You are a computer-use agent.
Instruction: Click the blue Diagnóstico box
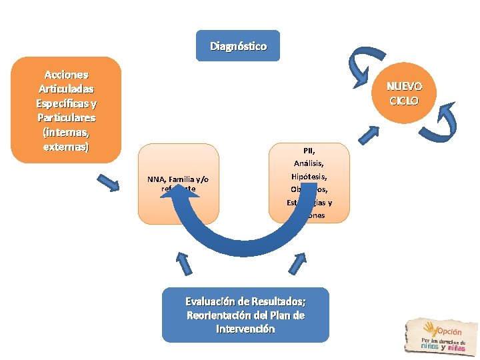[239, 46]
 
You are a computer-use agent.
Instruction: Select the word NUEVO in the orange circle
[405, 87]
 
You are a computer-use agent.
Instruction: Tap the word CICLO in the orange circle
[405, 101]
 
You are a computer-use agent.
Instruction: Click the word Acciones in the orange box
[66, 75]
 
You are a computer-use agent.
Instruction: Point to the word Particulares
[66, 117]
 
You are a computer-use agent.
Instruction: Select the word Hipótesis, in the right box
[309, 177]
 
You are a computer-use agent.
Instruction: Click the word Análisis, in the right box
[309, 163]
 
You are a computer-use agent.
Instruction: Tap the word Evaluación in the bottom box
[212, 301]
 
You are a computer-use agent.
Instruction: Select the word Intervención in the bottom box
[245, 329]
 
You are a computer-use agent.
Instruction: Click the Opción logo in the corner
[440, 335]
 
